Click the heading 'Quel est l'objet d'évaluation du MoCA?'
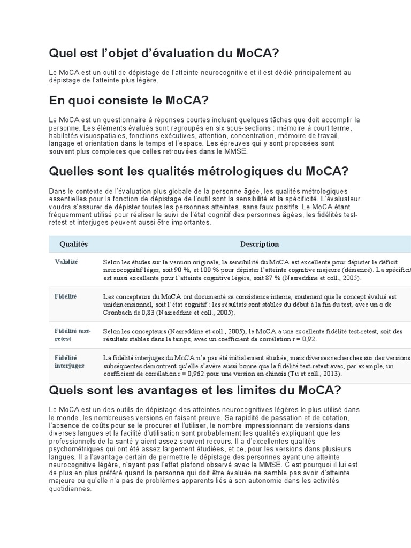(164, 53)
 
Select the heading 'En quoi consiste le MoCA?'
(128, 101)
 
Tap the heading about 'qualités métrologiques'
(199, 171)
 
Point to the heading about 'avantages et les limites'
(195, 390)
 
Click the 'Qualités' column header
(73, 244)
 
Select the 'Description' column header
(260, 244)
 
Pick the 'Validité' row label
(66, 262)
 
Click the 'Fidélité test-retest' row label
(72, 335)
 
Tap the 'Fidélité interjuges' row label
(69, 361)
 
